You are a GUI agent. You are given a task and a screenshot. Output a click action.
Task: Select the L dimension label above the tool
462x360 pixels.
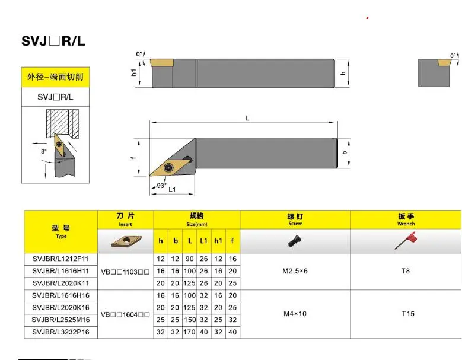coord(247,119)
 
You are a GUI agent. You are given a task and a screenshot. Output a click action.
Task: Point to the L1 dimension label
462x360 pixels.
coord(172,190)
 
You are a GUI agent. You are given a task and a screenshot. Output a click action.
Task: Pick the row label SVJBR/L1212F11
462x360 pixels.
coord(57,259)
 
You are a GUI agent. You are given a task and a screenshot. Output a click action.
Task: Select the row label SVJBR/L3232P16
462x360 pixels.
coord(57,333)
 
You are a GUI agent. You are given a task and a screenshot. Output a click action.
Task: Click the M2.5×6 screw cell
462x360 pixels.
coord(295,271)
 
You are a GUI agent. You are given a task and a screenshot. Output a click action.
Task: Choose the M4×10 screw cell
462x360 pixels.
coord(295,313)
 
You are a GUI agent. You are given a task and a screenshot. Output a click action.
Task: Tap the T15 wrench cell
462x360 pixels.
coord(407,313)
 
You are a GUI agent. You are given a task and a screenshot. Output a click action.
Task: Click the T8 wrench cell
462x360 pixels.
coord(406,271)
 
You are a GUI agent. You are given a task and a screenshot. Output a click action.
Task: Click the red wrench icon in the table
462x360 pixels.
coord(406,240)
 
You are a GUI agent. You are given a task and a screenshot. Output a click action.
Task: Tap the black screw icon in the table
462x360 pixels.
coord(294,241)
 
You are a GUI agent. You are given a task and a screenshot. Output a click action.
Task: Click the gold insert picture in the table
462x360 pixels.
coord(125,241)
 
